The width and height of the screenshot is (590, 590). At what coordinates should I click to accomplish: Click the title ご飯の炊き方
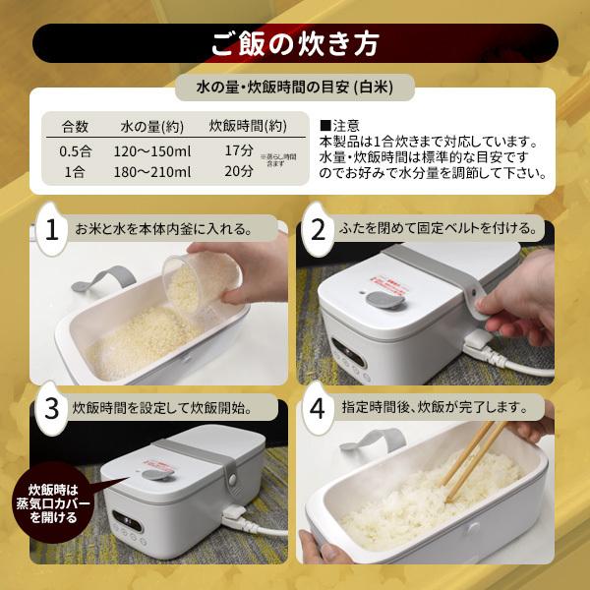coord(295,44)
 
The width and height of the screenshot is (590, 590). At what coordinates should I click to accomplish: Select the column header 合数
coord(76,126)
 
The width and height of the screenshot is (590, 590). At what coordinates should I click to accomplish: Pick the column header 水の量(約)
coord(151,126)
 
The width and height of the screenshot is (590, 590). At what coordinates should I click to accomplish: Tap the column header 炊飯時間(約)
coord(247,126)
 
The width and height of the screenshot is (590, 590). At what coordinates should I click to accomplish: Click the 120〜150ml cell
coord(151,150)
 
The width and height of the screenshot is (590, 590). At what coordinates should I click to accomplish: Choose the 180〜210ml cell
coord(151,171)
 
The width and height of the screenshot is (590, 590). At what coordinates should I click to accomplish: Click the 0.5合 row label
coord(75,150)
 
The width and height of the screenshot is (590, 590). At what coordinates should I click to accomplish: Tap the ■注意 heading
coord(340,126)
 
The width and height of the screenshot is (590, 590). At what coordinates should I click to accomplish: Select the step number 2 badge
coord(318,229)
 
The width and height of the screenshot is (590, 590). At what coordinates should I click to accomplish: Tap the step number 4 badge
coord(318,405)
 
